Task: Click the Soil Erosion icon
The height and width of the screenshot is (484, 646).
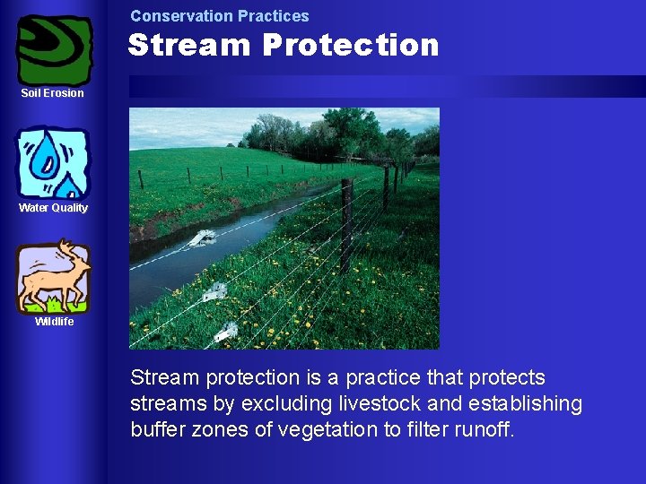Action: point(54,49)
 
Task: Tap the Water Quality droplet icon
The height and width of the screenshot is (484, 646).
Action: point(54,163)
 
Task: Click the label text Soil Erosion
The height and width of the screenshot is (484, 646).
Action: point(53,93)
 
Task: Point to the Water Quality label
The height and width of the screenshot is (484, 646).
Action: point(54,208)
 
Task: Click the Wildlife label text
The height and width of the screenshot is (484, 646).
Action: point(54,322)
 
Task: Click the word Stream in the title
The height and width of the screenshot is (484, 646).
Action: point(189,46)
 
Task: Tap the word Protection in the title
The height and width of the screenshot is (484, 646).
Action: point(351,46)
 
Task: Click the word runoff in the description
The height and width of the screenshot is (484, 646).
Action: point(483,430)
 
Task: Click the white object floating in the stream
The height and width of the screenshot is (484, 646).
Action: point(203,238)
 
